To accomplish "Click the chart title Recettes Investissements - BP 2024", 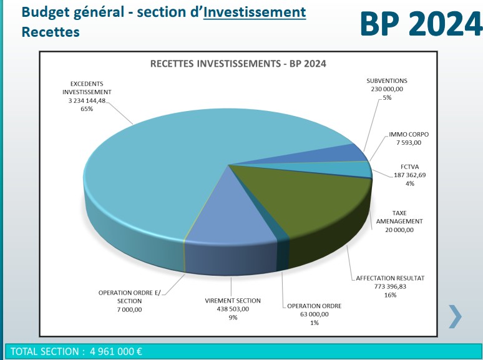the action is tap(238, 64).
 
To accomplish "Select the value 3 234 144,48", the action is tap(87, 100).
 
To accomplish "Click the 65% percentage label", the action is tap(87, 109).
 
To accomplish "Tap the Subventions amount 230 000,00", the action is tap(387, 89).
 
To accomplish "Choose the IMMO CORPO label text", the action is tap(409, 134).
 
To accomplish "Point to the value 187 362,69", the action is tap(410, 175).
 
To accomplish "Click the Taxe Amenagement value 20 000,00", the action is tap(399, 230).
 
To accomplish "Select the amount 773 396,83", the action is tap(390, 286).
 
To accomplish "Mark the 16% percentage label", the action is tap(390, 295).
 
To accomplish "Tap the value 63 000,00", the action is tap(314, 314).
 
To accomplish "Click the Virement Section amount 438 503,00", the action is tap(233, 309).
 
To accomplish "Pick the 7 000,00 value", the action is tap(129, 309).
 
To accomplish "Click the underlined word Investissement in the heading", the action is tap(255, 12).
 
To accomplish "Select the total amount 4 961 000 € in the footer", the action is tap(116, 351).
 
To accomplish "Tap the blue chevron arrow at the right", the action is tap(456, 316).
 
